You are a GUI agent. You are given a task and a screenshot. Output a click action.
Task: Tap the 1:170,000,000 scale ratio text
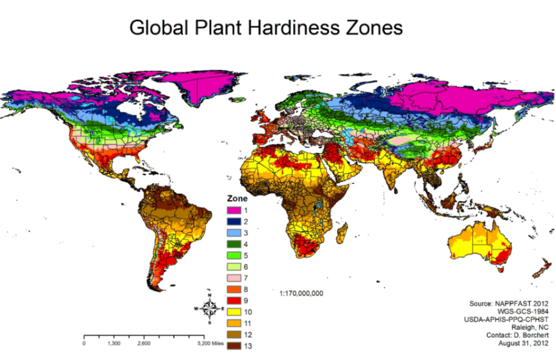(301, 293)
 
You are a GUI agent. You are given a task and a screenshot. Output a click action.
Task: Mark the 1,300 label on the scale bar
(114, 343)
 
